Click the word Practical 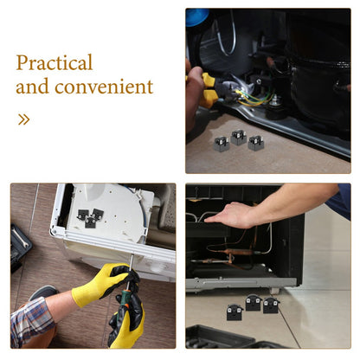point(55,62)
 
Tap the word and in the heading point(32,87)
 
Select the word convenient point(104,87)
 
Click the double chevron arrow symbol point(23,119)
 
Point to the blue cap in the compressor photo point(197,16)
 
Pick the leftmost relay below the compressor point(222,145)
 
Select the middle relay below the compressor point(239,137)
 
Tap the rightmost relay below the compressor point(256,143)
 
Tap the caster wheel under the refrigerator point(274,291)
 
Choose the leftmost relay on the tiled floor point(235,312)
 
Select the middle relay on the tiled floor point(253,303)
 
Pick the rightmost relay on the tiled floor point(271,305)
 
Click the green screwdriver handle point(125,301)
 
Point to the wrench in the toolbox point(20,237)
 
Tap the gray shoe point(44,292)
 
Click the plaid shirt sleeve point(31,322)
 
